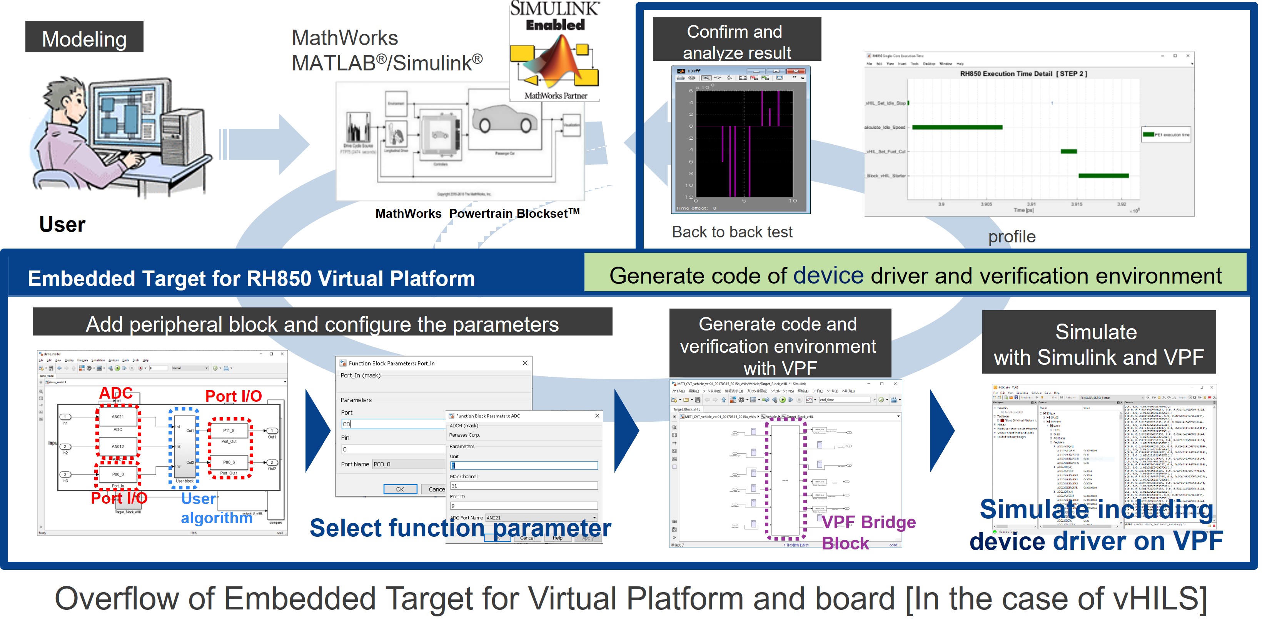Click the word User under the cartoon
click(62, 224)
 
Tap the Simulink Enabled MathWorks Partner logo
click(554, 52)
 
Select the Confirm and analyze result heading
click(736, 41)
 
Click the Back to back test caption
click(731, 232)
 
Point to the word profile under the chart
click(1011, 237)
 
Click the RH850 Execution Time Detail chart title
click(1023, 74)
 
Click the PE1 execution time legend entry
click(1166, 134)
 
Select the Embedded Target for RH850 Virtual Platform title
click(251, 278)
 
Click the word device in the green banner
click(828, 275)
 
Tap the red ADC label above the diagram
click(116, 393)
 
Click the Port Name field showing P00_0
click(408, 464)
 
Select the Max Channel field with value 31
click(523, 486)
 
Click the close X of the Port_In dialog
click(525, 363)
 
